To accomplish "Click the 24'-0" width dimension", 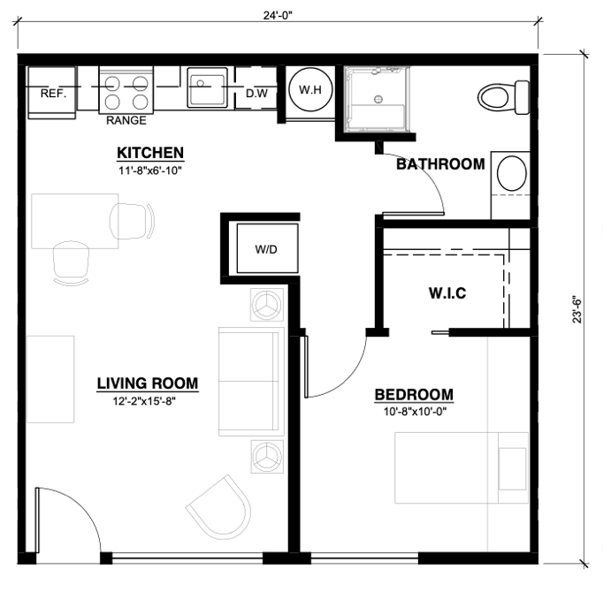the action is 278,15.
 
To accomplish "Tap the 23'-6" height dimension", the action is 577,309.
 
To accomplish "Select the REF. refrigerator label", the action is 53,94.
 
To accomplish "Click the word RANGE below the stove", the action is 126,120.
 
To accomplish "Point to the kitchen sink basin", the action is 207,88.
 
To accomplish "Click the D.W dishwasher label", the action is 256,93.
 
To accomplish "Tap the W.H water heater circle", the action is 310,89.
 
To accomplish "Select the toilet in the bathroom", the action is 504,97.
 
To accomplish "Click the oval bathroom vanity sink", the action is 511,173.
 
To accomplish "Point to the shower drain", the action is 378,99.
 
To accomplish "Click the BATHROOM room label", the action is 440,164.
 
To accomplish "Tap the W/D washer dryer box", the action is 267,248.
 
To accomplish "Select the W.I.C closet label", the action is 447,293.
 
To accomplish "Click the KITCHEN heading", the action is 150,153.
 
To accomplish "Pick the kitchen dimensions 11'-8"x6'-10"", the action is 150,171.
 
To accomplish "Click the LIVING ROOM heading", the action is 148,383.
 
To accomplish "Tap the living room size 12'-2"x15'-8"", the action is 144,401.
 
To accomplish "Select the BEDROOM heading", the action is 414,395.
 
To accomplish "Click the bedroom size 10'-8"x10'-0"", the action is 415,412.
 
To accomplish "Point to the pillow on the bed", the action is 512,468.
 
